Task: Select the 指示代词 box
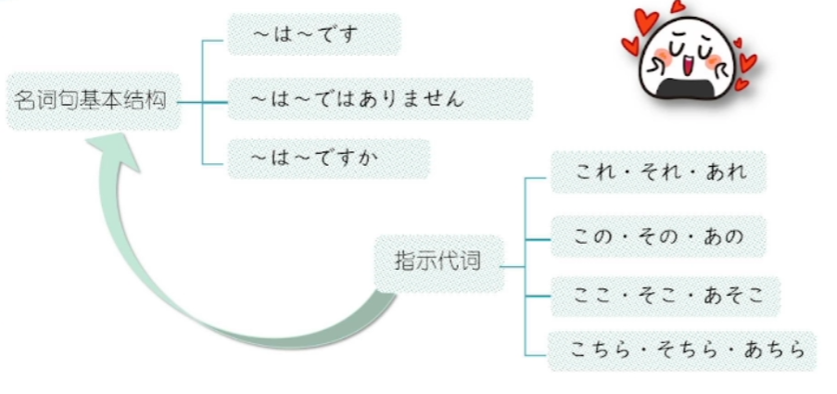(438, 261)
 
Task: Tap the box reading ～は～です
(312, 35)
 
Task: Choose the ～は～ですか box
(327, 159)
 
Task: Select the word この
(594, 236)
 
